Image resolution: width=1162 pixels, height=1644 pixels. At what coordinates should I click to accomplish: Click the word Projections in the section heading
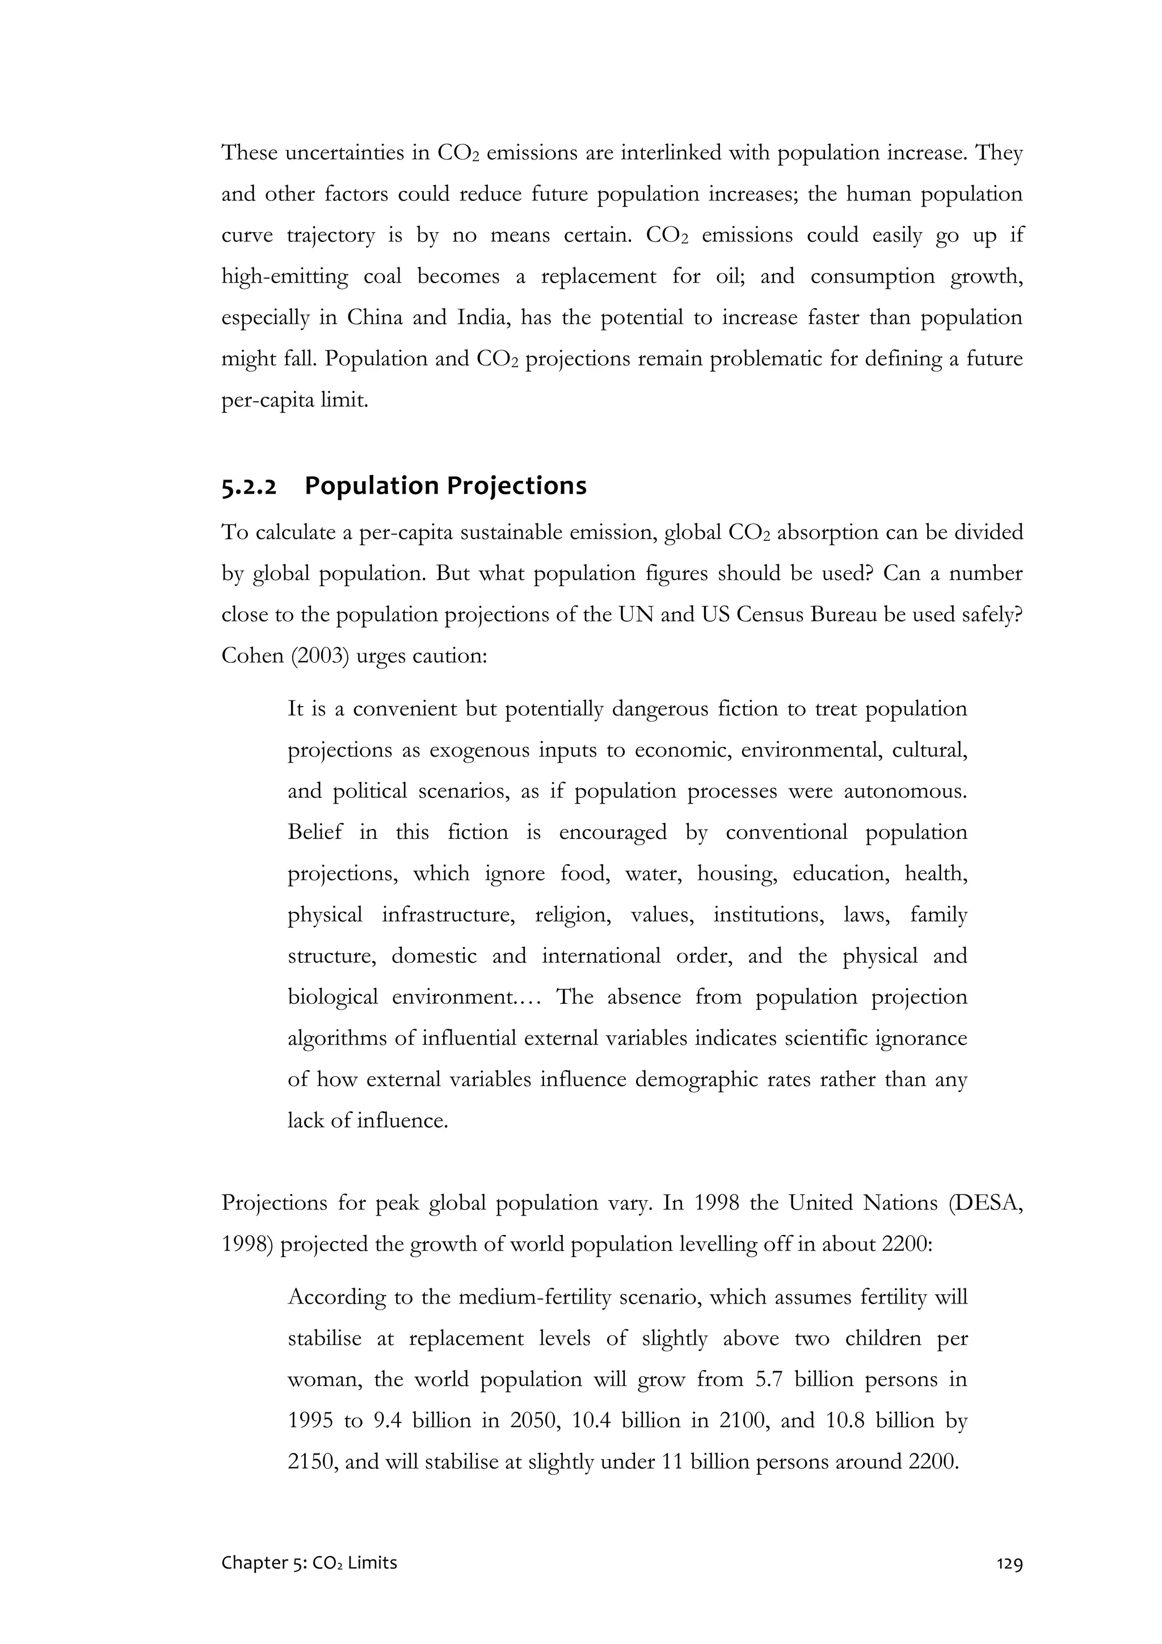point(516,486)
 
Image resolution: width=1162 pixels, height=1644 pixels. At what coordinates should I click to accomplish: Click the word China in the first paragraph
point(374,318)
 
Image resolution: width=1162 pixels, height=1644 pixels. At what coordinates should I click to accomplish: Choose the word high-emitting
point(284,277)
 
